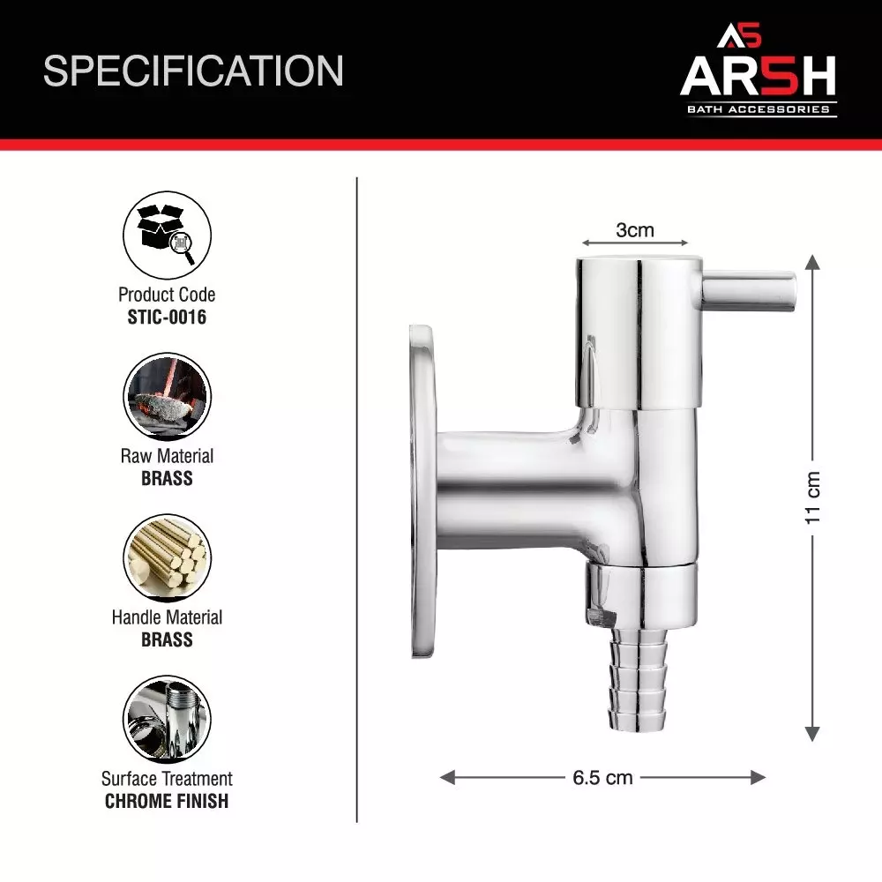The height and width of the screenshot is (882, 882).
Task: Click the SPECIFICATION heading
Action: pyautogui.click(x=193, y=71)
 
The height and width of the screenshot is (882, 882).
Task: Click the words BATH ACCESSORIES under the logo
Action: pyautogui.click(x=759, y=109)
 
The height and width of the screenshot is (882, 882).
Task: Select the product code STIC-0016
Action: pyautogui.click(x=167, y=317)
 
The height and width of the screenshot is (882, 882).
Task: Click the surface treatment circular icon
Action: pyautogui.click(x=167, y=720)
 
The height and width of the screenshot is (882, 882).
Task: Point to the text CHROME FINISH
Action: pyautogui.click(x=167, y=801)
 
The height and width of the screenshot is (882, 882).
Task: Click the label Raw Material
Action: pyautogui.click(x=167, y=456)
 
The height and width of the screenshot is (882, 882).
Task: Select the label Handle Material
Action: pyautogui.click(x=167, y=617)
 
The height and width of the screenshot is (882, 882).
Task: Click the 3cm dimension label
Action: pyautogui.click(x=635, y=230)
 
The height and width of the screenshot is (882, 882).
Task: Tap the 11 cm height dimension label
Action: pyautogui.click(x=813, y=497)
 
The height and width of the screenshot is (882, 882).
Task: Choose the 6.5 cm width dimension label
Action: pyautogui.click(x=602, y=778)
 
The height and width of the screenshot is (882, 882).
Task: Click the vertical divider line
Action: pyautogui.click(x=357, y=498)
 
